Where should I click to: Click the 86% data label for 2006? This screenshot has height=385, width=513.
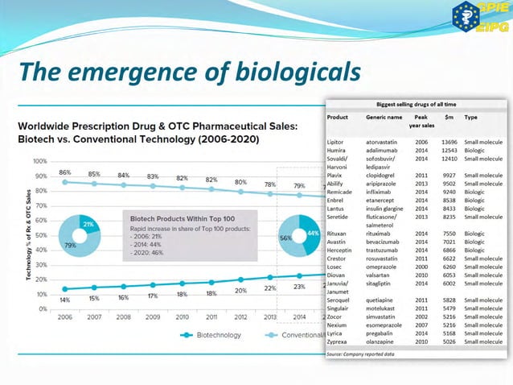tap(65, 173)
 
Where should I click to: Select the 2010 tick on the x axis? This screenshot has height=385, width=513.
tap(183, 317)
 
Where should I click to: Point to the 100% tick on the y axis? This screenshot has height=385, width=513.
tap(39, 161)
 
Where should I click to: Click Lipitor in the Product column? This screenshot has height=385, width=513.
tap(336, 142)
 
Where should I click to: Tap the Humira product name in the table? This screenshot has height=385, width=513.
tap(337, 151)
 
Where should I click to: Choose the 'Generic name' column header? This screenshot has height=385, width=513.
tap(384, 117)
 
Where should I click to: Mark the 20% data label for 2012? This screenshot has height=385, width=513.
tap(240, 290)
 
